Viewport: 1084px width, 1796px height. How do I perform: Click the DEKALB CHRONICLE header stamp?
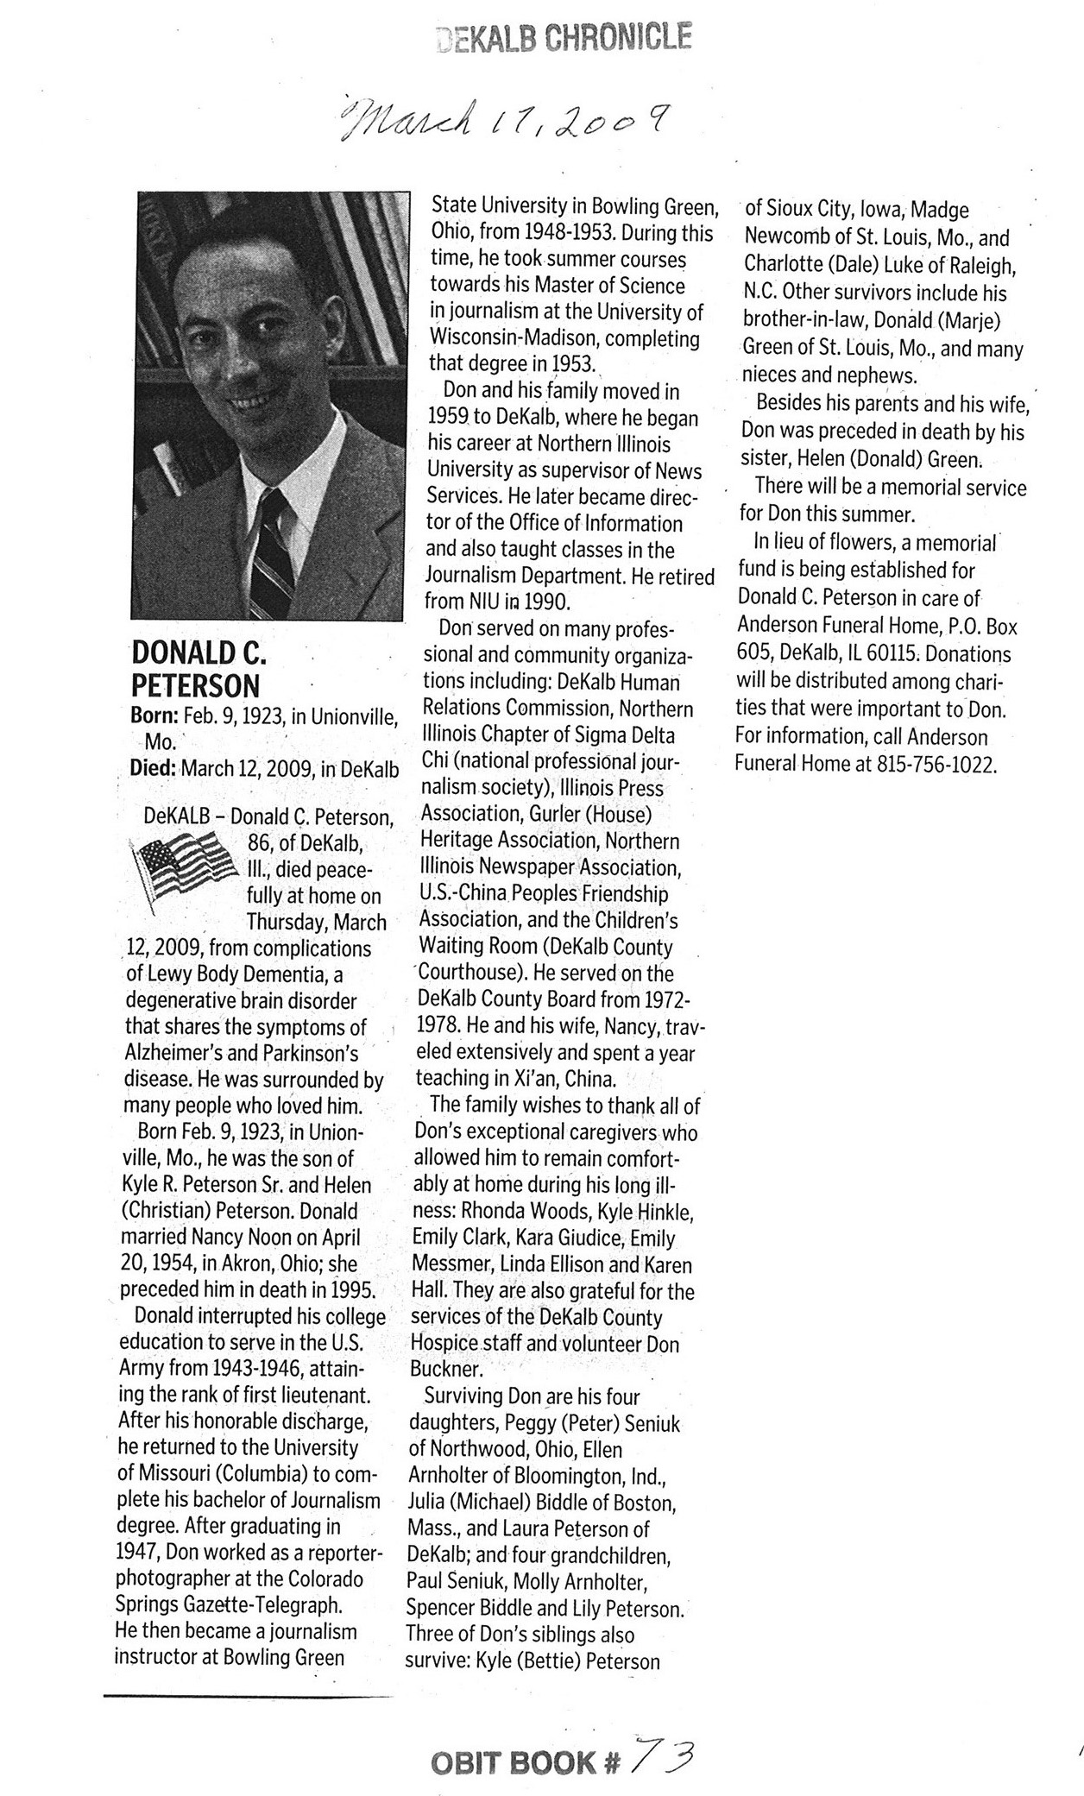(x=565, y=38)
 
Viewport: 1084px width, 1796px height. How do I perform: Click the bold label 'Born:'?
(x=154, y=715)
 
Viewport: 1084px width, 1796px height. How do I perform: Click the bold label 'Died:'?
(x=153, y=768)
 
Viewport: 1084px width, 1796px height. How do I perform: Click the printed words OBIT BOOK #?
(x=526, y=1761)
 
